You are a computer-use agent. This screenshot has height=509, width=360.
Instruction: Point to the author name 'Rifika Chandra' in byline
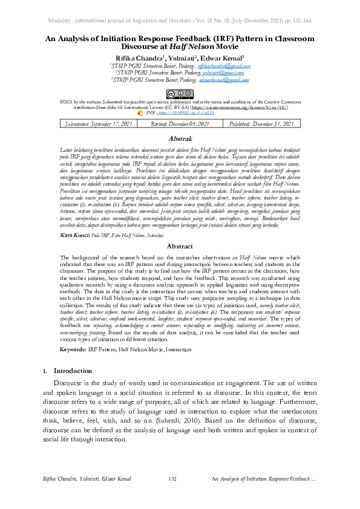(136, 58)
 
